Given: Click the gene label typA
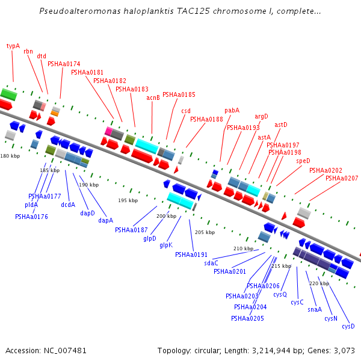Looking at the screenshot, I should pos(13,46).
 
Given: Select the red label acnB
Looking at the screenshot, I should pos(153,97).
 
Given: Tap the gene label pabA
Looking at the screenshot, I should pos(232,110).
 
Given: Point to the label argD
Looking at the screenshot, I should pos(261,116).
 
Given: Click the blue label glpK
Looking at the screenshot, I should pos(166,245).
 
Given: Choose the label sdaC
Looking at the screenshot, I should pos(211,263).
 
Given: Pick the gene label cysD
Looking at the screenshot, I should pos(348,326).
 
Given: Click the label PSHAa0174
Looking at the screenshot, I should pos(64,64).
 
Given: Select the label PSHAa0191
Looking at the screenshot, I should pos(191,255).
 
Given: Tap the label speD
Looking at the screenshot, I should pos(303,161).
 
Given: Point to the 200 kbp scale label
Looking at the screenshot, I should pos(166,216).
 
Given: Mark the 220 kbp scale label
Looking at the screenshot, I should pos(319,283).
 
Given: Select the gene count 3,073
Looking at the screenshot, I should pos(342,350).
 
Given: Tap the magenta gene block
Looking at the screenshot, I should pos(108,131).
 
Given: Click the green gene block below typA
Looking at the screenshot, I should pos(8,94).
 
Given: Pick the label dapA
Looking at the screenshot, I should pos(106,220).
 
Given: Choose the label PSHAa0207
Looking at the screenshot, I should pos(342,178).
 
